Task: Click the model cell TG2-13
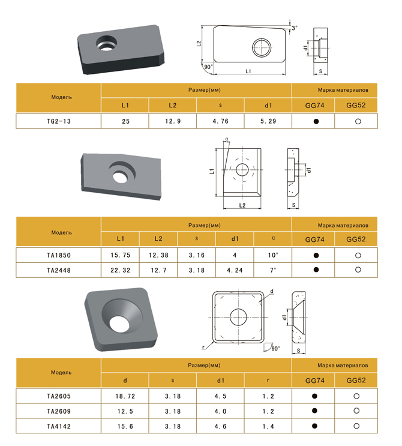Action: click(x=59, y=121)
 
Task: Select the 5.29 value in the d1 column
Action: click(x=268, y=121)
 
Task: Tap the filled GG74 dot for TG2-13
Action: click(x=316, y=121)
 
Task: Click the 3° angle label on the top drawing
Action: click(x=294, y=28)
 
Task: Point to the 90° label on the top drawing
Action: click(x=208, y=67)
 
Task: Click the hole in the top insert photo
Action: click(x=106, y=43)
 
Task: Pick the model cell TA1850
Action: click(x=59, y=255)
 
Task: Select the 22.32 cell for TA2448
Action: click(x=120, y=270)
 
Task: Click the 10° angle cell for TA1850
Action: click(x=272, y=255)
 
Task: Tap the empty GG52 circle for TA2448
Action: click(x=358, y=270)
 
